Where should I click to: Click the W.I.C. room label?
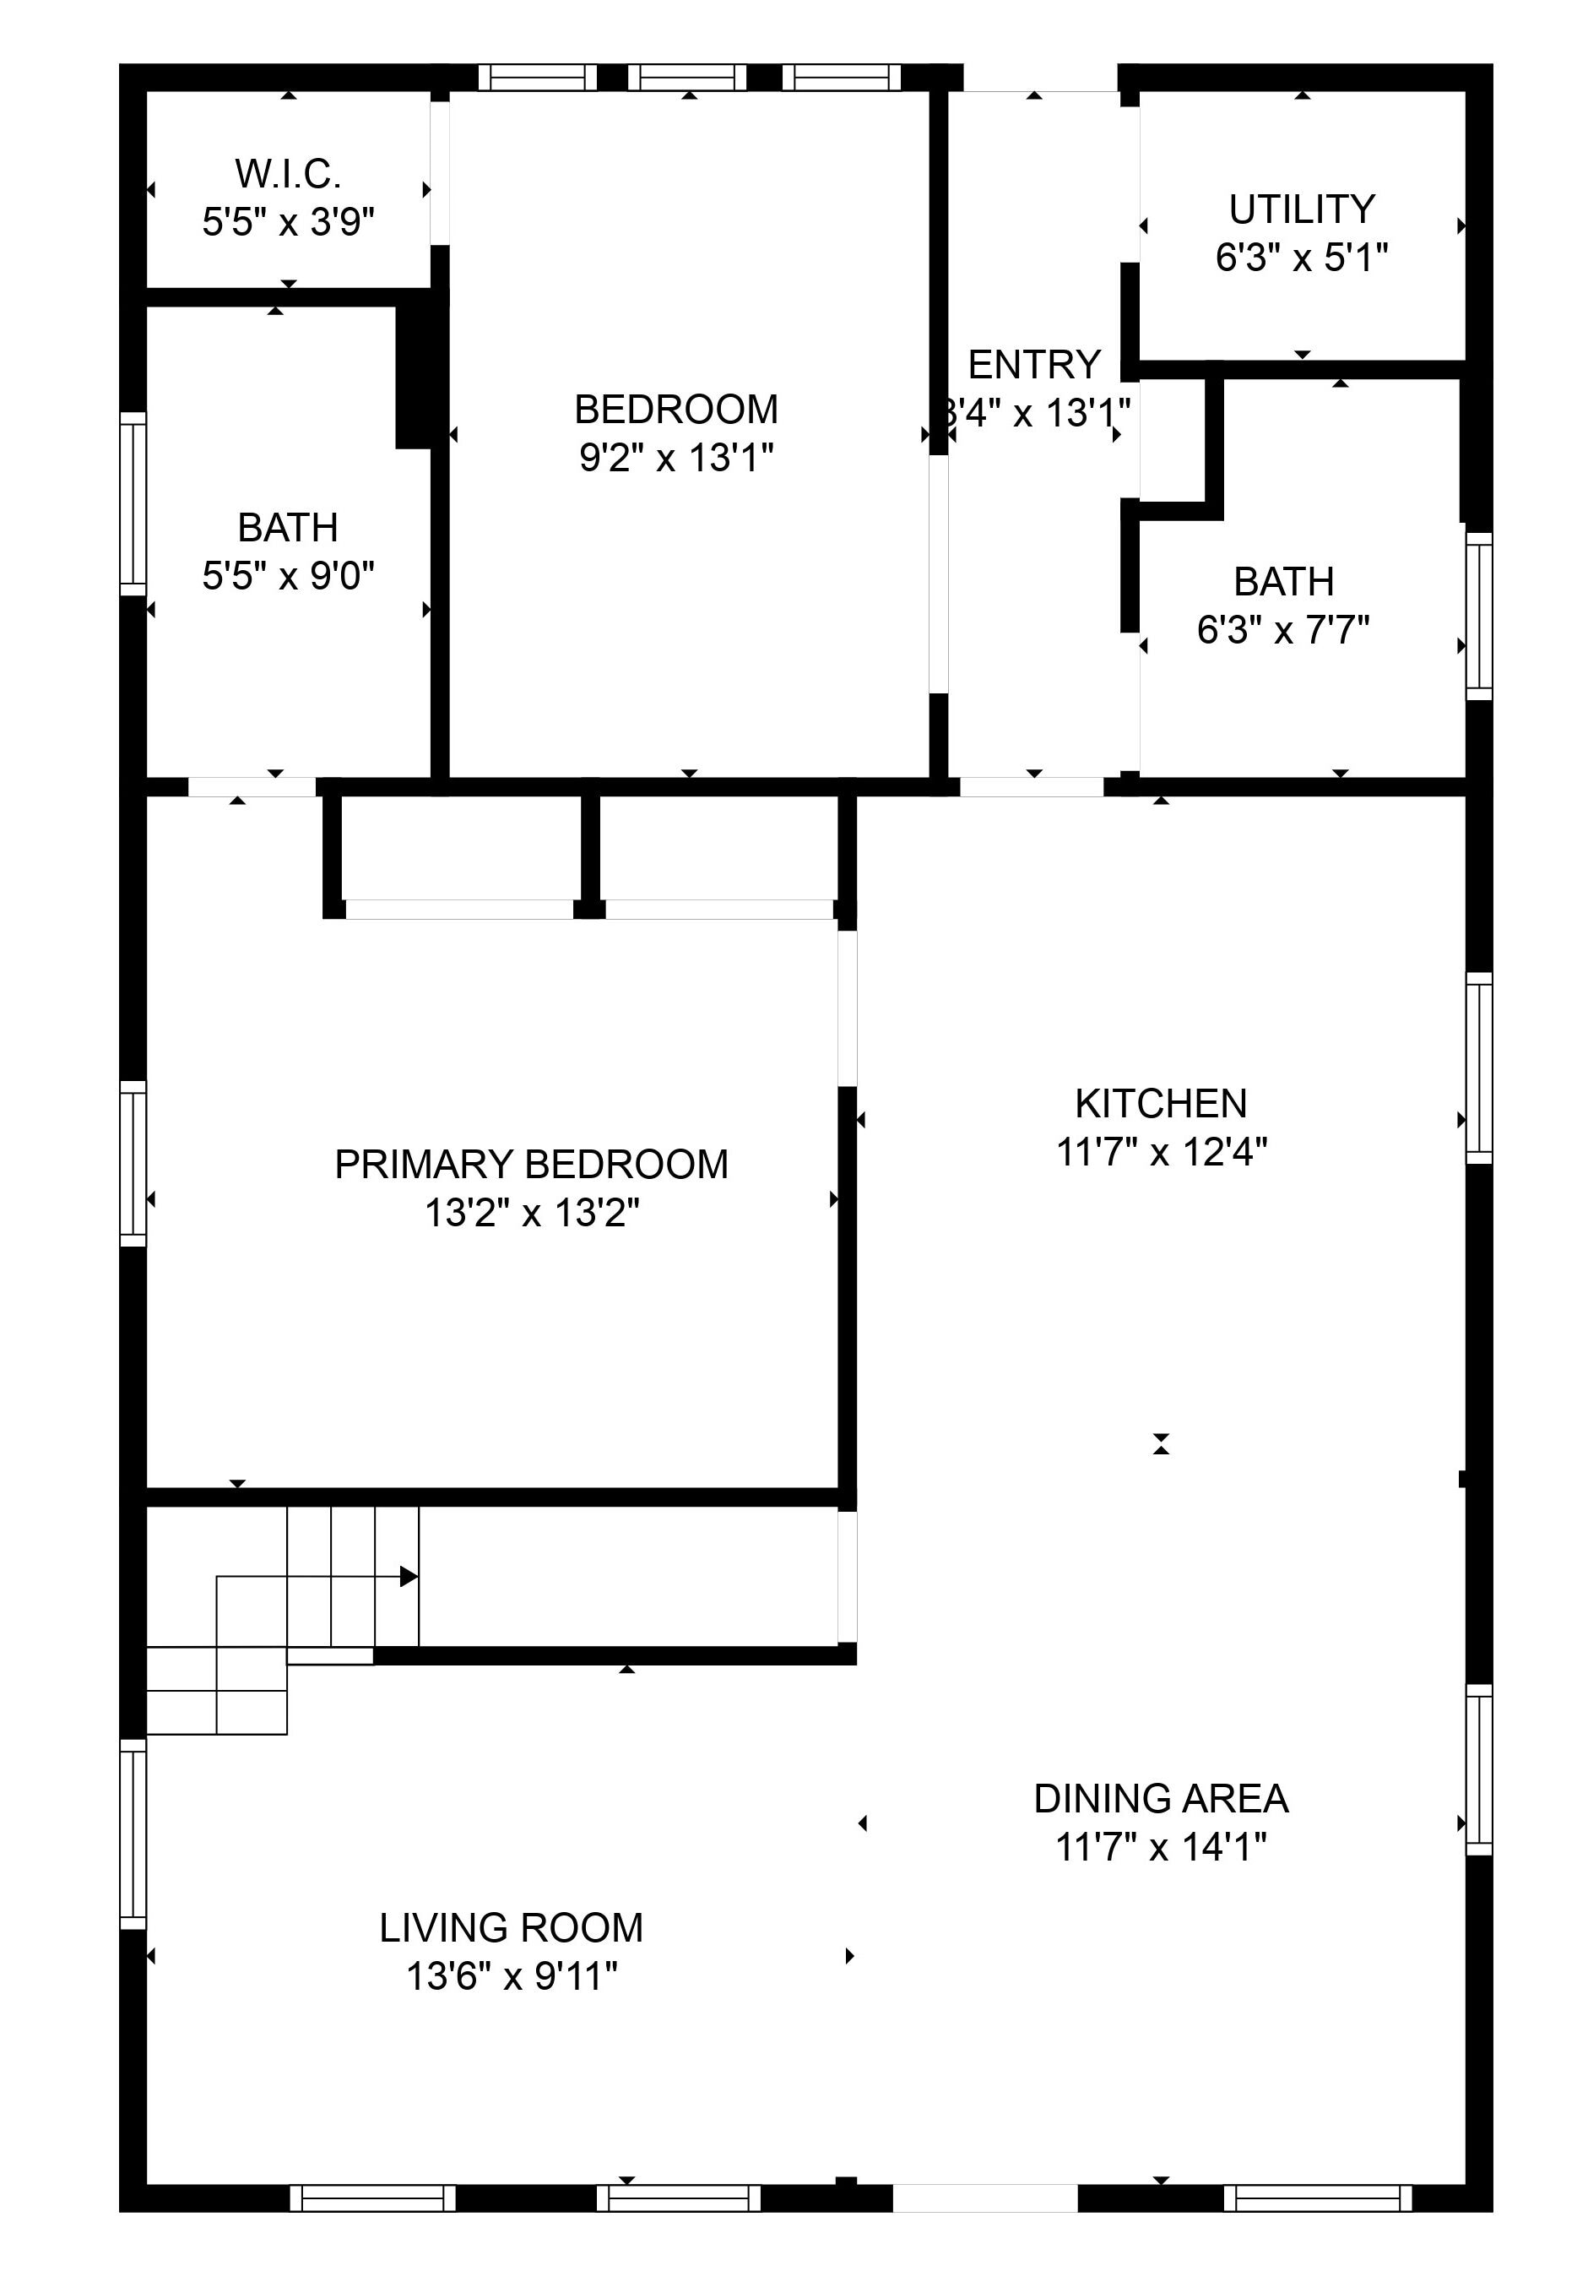(288, 174)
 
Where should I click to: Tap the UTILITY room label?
(1302, 209)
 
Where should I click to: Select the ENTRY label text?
(1034, 365)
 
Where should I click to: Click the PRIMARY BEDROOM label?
(532, 1164)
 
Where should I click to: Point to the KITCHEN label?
(1161, 1103)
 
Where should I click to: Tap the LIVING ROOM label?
(512, 1927)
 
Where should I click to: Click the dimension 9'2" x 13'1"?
(677, 457)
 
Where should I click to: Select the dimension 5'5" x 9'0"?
(288, 574)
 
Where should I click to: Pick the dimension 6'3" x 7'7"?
(1283, 629)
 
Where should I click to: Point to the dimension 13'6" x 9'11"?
(512, 1976)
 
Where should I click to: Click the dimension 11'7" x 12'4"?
(1161, 1152)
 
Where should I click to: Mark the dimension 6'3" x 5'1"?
(1302, 258)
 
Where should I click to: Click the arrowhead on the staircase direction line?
(409, 1576)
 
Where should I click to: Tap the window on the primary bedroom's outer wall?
(133, 1163)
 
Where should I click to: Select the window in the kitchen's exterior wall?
(1480, 1068)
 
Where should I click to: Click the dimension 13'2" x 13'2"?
(532, 1213)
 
